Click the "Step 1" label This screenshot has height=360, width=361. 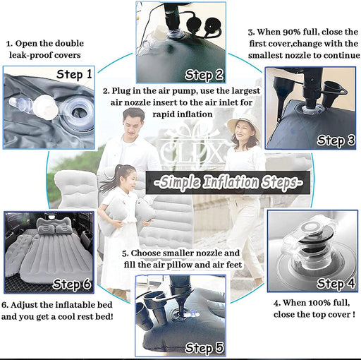pos(74,74)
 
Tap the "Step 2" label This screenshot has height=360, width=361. pos(204,76)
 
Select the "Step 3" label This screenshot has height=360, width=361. pos(336,140)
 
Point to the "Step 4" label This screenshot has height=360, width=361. pos(336,283)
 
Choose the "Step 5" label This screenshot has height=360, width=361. pos(204,347)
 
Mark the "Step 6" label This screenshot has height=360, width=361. pos(72,284)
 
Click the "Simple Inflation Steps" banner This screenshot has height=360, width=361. pos(228,183)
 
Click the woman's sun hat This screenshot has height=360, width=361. pos(244,125)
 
